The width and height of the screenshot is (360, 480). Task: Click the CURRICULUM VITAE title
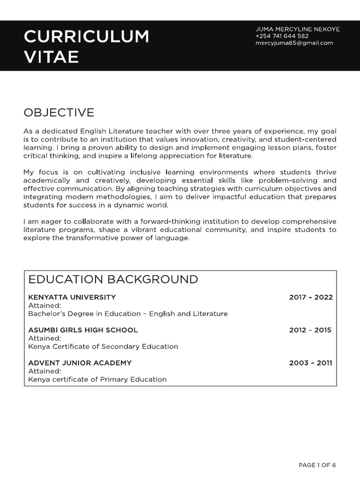point(86,46)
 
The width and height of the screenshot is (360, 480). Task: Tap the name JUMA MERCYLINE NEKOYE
point(297,29)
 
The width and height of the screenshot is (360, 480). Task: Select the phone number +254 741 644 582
point(282,36)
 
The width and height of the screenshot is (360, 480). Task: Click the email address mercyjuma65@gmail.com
point(294,43)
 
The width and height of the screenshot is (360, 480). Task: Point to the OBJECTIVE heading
point(59,112)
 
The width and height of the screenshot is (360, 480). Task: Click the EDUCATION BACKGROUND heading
point(113,280)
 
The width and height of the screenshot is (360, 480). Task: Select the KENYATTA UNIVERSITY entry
point(72,297)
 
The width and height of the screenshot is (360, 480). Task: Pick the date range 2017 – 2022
point(311,297)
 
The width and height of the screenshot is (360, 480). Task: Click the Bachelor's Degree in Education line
point(127,314)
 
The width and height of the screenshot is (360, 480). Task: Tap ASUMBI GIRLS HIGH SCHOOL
point(83,330)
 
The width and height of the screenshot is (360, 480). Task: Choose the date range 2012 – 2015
point(310,330)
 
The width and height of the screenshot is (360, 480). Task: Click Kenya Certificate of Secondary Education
point(103,346)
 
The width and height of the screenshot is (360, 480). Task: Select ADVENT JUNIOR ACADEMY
point(80,363)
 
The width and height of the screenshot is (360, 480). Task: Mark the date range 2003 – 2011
point(310,363)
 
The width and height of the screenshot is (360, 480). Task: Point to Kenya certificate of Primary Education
point(97,379)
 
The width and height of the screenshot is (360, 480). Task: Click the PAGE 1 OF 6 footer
point(317,465)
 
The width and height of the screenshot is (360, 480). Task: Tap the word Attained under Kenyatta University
point(41,305)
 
